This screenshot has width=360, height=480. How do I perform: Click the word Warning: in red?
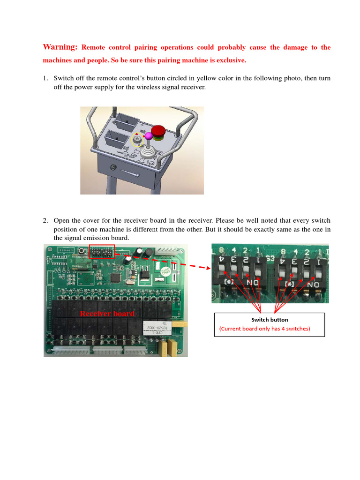click(60, 47)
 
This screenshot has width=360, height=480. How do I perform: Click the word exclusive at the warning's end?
click(229, 60)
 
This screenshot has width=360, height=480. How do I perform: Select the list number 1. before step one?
click(45, 78)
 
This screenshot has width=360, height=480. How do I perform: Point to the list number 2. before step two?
click(45, 220)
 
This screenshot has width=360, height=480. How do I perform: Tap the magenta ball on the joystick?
click(149, 136)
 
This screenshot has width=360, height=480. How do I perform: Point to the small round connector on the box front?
click(112, 167)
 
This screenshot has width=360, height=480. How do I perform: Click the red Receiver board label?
click(107, 313)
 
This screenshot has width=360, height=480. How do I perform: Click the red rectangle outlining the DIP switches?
click(101, 252)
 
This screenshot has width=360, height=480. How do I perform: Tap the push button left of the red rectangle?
click(83, 251)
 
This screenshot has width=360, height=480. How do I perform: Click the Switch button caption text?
click(270, 320)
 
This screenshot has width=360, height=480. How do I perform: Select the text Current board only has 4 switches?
click(265, 329)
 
